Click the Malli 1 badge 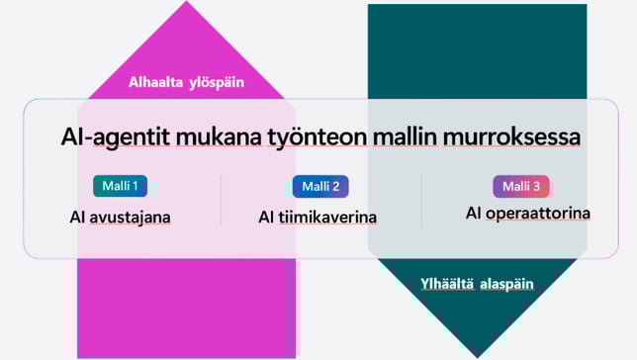pos(121,186)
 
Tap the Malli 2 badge pos(320,186)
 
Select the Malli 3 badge pos(521,186)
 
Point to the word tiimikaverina pos(331,217)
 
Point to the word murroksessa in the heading pos(510,136)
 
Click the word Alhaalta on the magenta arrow pos(157,83)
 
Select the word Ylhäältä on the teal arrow pos(449,284)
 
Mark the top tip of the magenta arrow pos(186,4)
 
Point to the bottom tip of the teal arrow pos(477,354)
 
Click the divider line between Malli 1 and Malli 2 pos(221,200)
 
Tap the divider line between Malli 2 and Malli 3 pos(421,200)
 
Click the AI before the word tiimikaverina pos(266,217)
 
